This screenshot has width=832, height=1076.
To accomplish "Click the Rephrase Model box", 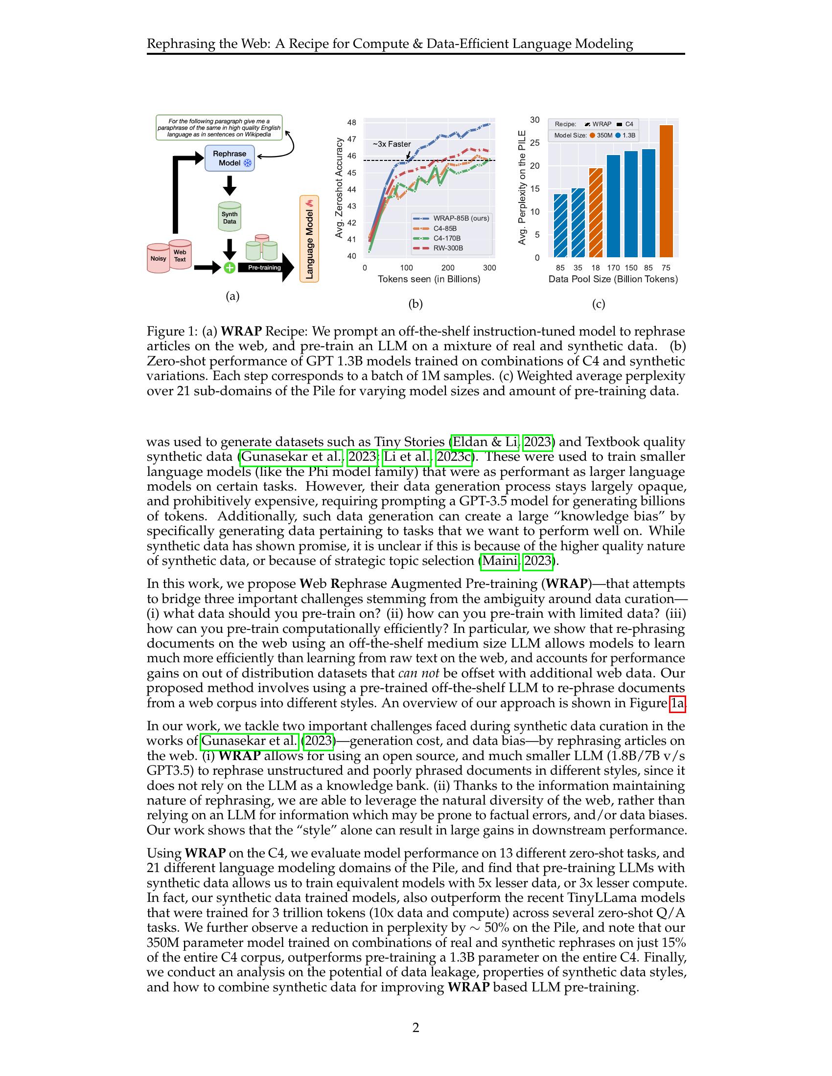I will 229,158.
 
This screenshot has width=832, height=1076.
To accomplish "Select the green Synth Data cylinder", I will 229,217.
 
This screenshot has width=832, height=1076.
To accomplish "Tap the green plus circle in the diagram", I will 229,268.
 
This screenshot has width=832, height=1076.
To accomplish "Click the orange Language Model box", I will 309,239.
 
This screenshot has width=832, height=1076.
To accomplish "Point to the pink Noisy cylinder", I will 158,259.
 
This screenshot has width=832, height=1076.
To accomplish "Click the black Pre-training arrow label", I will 264,268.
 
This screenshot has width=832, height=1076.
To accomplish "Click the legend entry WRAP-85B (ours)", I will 461,218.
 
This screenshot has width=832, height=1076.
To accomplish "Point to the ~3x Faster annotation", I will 392,144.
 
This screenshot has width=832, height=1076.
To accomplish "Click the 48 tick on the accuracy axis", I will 351,123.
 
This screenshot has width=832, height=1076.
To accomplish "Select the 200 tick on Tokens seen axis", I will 447,268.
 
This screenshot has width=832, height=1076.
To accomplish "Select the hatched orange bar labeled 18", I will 596,212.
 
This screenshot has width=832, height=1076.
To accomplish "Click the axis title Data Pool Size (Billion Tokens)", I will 613,279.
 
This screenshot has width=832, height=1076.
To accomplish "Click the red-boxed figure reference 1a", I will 677,703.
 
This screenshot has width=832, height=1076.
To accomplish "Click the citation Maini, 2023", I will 516,560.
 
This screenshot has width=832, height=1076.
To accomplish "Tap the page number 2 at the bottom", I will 416,1028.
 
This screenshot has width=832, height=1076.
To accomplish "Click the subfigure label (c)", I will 598,304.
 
